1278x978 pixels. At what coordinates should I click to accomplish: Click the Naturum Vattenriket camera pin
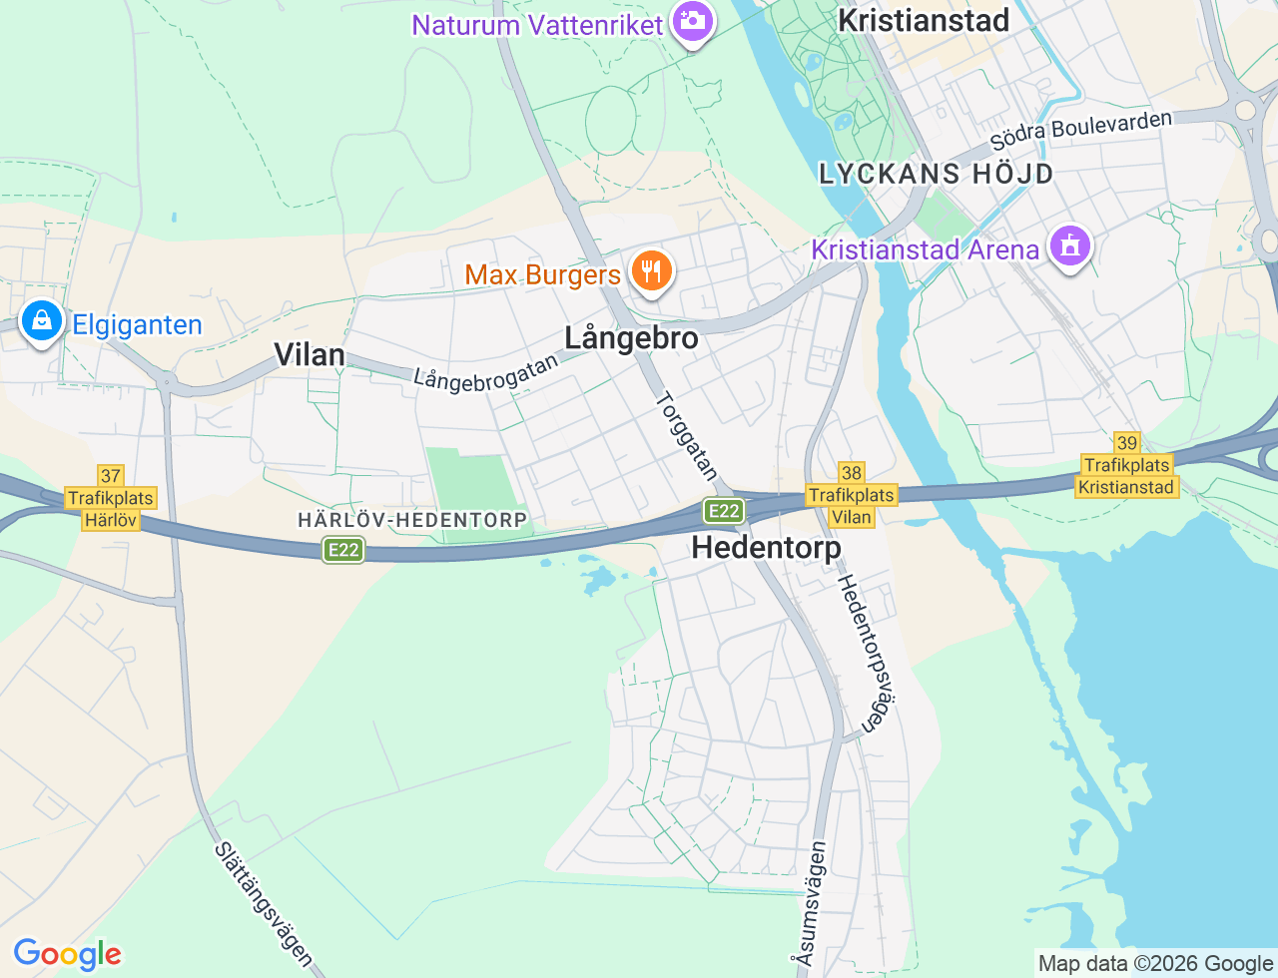(x=691, y=20)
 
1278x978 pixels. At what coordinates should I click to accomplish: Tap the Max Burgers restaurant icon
(x=651, y=270)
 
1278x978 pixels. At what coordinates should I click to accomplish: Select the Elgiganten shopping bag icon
(x=42, y=320)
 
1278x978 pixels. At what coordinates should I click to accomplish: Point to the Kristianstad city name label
(x=924, y=20)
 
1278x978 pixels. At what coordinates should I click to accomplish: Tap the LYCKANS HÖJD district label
(x=936, y=174)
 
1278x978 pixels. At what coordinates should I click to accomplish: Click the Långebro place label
(x=631, y=338)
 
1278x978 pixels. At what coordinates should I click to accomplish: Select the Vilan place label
(x=310, y=355)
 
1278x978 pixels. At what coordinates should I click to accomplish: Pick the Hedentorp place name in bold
(x=766, y=547)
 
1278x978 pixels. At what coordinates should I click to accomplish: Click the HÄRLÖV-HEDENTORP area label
(x=412, y=520)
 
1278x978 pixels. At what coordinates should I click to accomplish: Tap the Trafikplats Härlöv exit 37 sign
(x=110, y=498)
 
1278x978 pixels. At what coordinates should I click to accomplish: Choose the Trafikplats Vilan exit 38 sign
(x=852, y=495)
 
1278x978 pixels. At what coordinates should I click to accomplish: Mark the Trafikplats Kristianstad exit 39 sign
(x=1127, y=465)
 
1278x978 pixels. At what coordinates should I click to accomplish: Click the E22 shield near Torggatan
(x=723, y=511)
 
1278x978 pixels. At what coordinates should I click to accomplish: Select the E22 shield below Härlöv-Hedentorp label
(x=342, y=550)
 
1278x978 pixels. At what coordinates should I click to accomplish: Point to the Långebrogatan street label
(x=486, y=373)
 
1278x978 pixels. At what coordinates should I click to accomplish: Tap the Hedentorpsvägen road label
(x=863, y=654)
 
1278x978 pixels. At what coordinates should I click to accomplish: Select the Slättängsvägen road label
(x=263, y=904)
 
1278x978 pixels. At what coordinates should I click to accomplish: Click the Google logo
(x=67, y=954)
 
